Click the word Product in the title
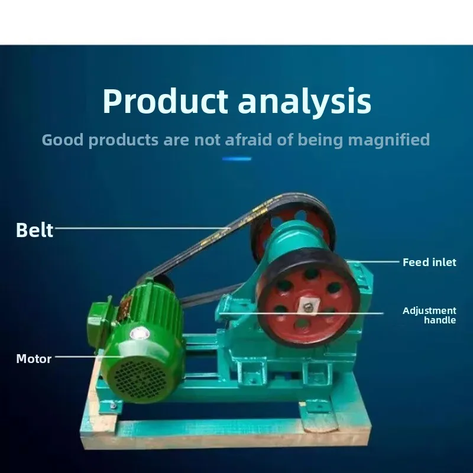tap(166, 101)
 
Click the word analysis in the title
tap(304, 102)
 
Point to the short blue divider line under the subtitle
tap(237, 158)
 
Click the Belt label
tap(34, 230)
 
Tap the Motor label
tap(34, 359)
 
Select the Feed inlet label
tap(429, 262)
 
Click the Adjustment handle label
tap(429, 315)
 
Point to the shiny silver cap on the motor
tap(140, 334)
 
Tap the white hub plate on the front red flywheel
tap(308, 306)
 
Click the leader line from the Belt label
tap(142, 228)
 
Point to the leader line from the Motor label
tap(89, 357)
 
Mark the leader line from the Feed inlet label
tap(374, 261)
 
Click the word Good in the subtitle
tap(63, 140)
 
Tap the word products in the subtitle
tap(124, 140)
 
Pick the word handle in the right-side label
tap(440, 320)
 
